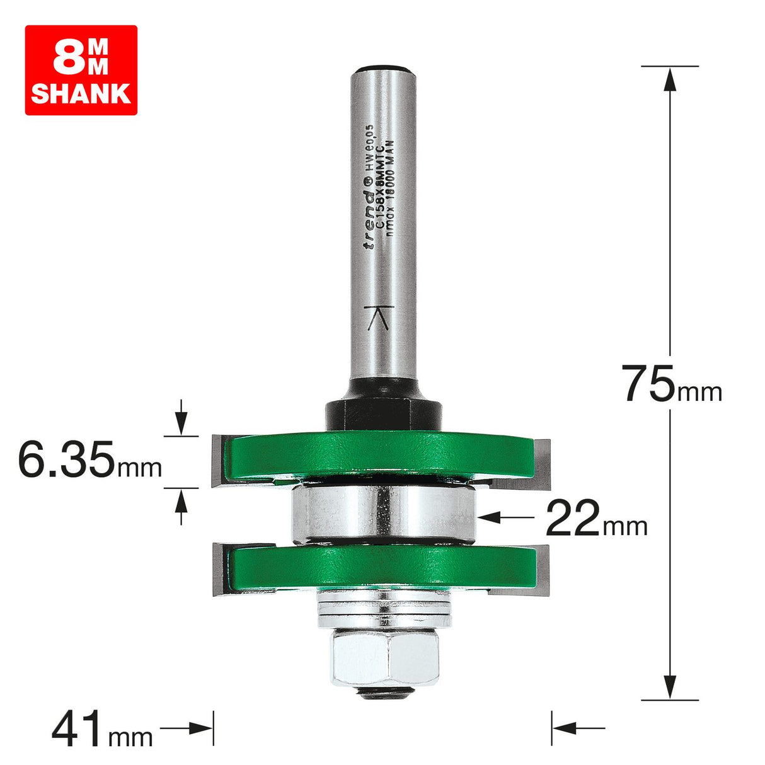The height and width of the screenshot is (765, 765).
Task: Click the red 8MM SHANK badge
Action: (x=81, y=70)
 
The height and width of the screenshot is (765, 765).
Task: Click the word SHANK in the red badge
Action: (x=81, y=93)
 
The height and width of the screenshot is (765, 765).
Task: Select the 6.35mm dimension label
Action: (x=89, y=459)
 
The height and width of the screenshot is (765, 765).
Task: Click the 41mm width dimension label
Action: (x=101, y=729)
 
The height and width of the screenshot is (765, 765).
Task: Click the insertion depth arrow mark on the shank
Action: (x=379, y=319)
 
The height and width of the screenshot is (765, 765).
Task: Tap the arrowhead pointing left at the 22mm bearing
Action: (x=489, y=517)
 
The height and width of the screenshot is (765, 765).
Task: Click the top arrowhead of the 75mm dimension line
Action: (x=670, y=78)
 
